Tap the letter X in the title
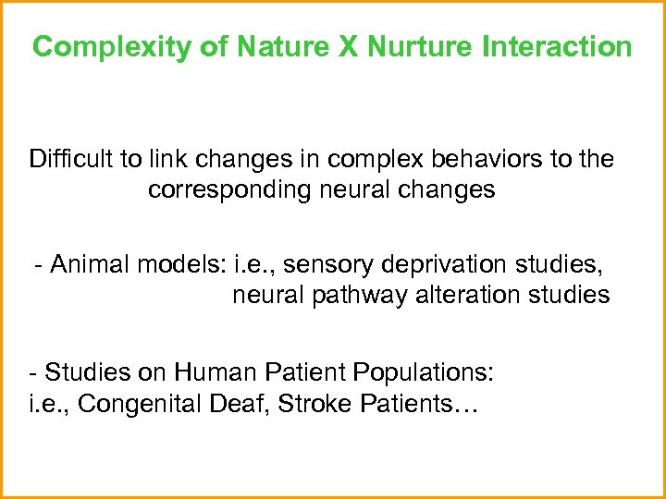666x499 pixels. coord(348,46)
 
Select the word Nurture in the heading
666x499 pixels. coord(418,46)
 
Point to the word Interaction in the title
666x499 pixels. coord(556,46)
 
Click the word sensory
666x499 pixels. coord(325,265)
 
